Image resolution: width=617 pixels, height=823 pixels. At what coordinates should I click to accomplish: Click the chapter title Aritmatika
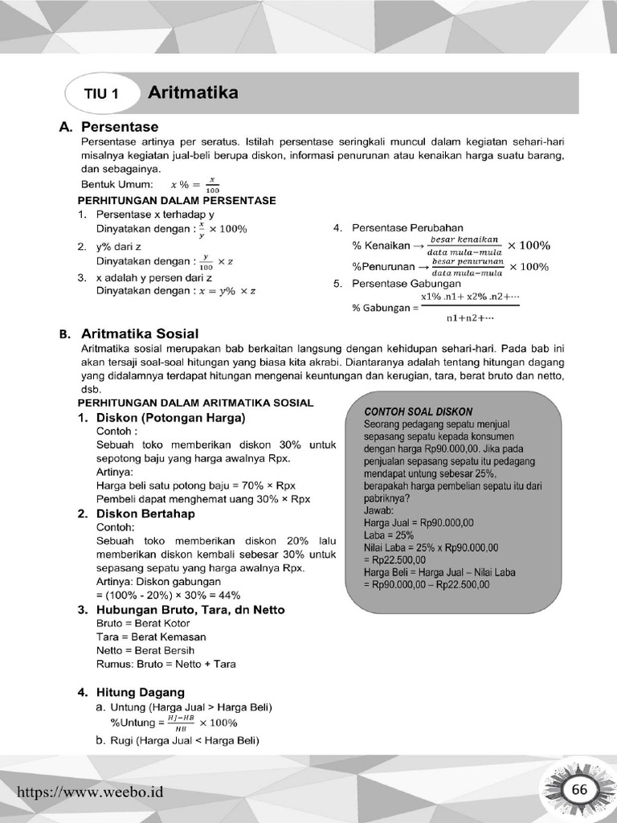click(x=193, y=93)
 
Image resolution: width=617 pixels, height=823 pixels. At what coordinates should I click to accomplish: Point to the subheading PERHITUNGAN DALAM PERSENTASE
click(x=176, y=200)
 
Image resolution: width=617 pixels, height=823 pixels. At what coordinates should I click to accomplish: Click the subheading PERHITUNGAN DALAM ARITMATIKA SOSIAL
click(x=195, y=402)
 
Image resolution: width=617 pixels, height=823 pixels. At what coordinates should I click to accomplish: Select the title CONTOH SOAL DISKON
click(x=418, y=411)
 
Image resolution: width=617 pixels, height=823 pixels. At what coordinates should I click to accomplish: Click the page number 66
click(x=579, y=790)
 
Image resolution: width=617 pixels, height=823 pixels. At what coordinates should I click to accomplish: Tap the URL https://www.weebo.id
click(x=90, y=792)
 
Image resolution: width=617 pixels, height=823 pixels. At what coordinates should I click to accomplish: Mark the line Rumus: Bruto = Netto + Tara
click(x=165, y=664)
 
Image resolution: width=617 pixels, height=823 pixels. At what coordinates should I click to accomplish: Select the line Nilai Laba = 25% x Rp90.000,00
click(x=431, y=548)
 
